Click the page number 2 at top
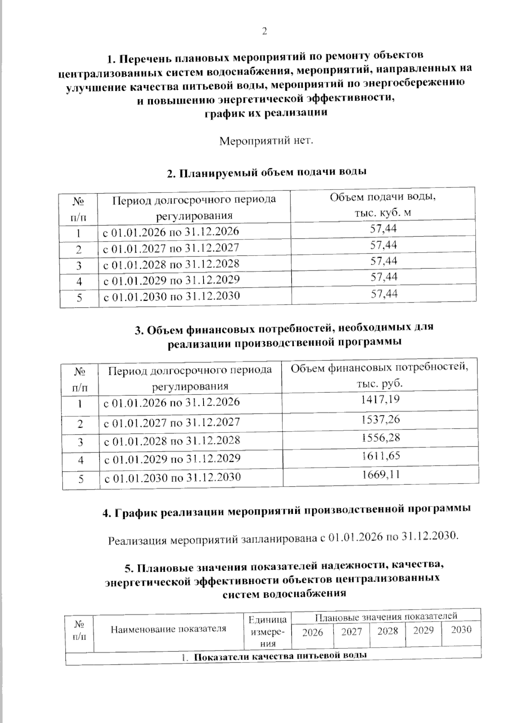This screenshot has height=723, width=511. pos(264,32)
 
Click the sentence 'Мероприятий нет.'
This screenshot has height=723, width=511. pos(266,141)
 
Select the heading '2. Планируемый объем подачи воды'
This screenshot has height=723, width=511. pos(267,173)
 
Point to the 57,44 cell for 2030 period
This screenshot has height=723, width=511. pos(384,294)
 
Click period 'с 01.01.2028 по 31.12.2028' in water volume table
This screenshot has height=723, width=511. pos(171,264)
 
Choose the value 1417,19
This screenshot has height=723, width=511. pos(380,400)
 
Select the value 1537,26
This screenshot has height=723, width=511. pos(380,419)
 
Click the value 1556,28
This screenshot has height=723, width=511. pos(380,438)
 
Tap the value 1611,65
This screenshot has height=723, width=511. pos(381,456)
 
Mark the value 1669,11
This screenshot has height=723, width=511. pos(381,474)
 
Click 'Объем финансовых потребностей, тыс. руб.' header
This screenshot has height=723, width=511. pos(379,375)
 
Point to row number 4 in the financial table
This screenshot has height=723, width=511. pos(80,461)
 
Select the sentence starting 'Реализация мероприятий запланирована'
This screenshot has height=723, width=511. pos(283,539)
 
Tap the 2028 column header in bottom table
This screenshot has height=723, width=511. pos(387,631)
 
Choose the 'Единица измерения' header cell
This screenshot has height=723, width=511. pos(268,631)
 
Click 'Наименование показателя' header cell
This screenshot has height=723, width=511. pos(168,629)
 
